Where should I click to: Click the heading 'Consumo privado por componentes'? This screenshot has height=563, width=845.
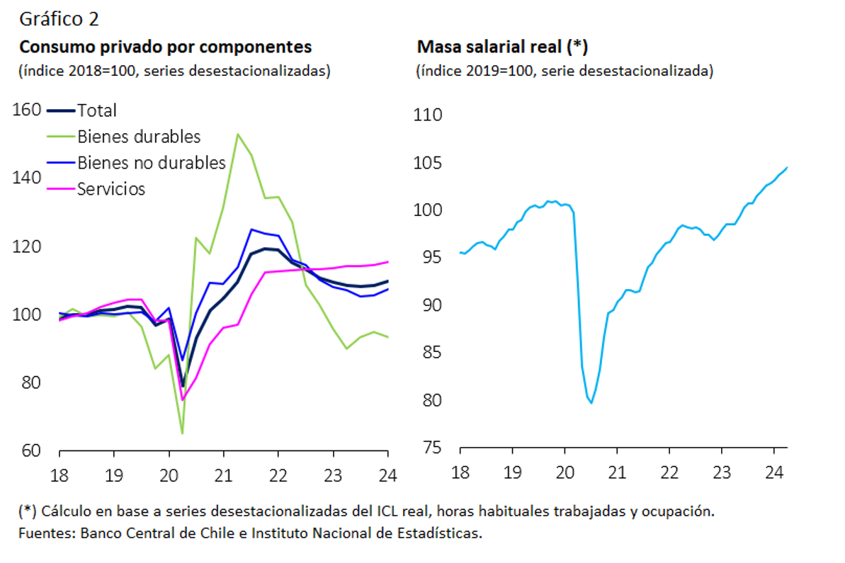pos(165,47)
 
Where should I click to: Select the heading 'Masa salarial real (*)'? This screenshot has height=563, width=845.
pos(503,47)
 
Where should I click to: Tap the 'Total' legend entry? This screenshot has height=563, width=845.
pos(96,110)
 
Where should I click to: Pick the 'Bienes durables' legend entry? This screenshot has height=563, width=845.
pos(139,137)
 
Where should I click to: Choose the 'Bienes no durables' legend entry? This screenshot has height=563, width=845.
pos(151,163)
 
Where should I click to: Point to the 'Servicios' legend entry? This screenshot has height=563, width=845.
pos(111,189)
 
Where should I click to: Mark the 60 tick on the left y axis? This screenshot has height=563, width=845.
pos(30,450)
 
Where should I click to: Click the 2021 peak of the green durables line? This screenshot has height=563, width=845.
pos(237,134)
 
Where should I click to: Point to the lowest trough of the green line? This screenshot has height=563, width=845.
pos(182,433)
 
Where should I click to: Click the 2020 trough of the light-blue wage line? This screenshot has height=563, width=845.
pos(591,403)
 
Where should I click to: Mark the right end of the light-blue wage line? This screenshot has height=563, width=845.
pos(787,168)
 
